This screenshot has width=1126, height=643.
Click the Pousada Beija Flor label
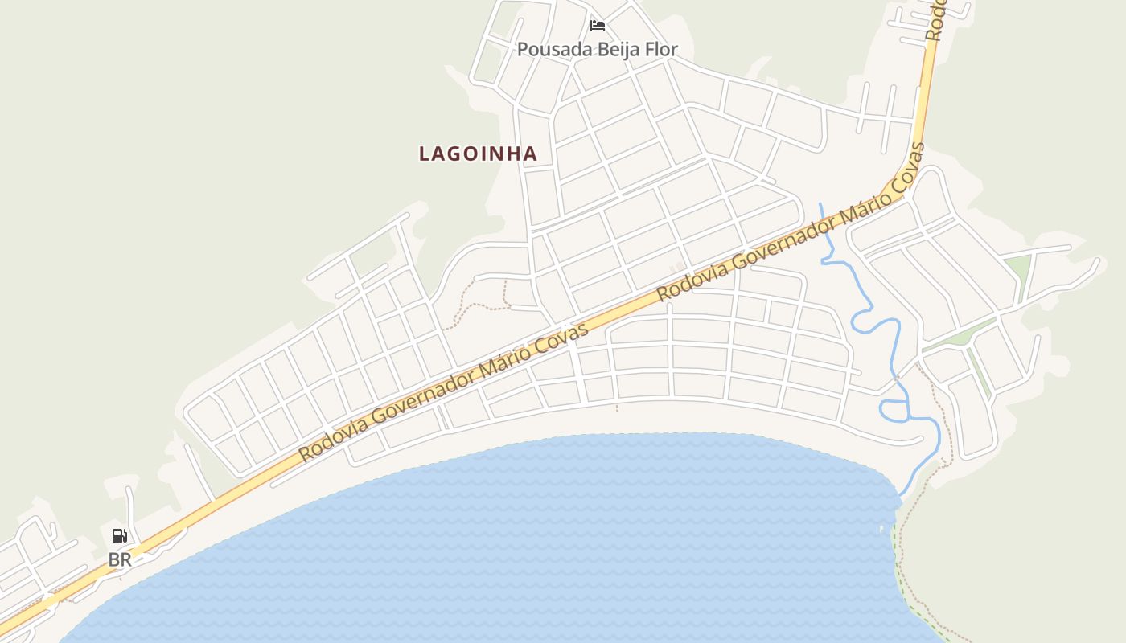(x=597, y=49)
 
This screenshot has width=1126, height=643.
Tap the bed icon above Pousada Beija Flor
(x=597, y=26)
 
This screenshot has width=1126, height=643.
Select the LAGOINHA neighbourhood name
(x=478, y=154)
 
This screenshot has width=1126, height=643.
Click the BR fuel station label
(x=120, y=559)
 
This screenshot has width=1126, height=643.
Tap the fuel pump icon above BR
(x=119, y=536)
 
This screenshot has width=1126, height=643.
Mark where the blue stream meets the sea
(x=901, y=495)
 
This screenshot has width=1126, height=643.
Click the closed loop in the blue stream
(x=894, y=411)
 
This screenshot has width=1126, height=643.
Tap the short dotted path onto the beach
(x=617, y=403)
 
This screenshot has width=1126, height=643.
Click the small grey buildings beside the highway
(x=677, y=266)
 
